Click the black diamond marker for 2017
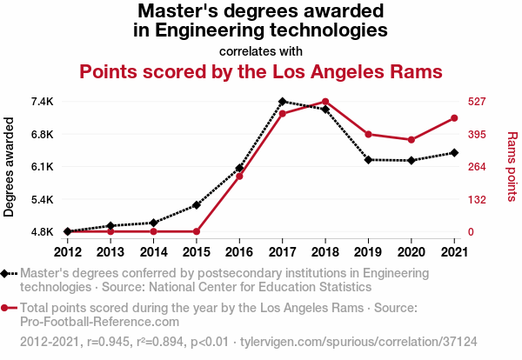[x=283, y=102]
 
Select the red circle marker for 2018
[x=325, y=102]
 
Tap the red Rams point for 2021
[x=455, y=118]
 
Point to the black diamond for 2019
[x=369, y=160]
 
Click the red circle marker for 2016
[x=239, y=177]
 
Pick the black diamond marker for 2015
[x=197, y=205]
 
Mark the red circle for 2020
[x=412, y=140]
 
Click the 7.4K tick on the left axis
[x=41, y=102]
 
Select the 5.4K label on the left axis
[x=41, y=199]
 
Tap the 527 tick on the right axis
[x=476, y=102]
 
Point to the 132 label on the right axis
[x=476, y=199]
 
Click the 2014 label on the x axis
[x=153, y=251]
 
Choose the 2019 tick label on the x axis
[x=369, y=251]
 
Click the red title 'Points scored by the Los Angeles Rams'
[x=261, y=70]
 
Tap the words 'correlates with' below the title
[x=261, y=50]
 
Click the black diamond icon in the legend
[x=6, y=274]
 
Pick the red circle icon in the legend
[x=6, y=308]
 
